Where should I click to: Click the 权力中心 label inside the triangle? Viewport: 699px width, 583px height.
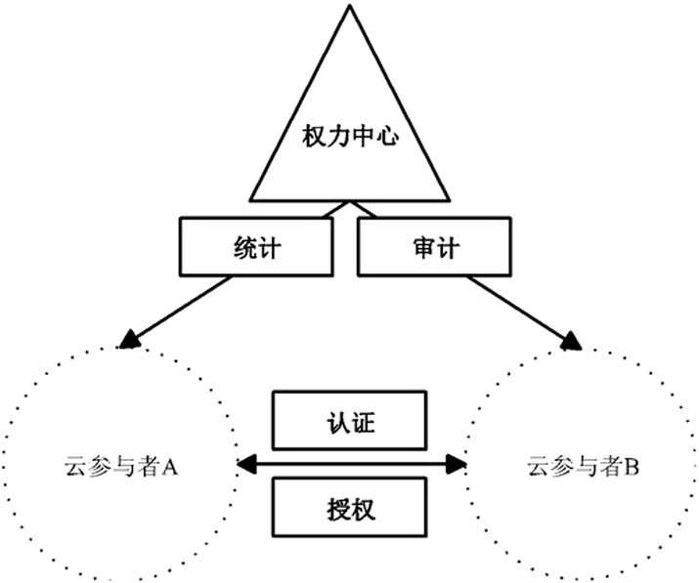point(350,136)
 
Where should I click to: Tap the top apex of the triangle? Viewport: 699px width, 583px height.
point(350,5)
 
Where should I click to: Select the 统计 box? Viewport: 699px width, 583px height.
point(256,247)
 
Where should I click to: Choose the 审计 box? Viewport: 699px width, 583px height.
point(434,247)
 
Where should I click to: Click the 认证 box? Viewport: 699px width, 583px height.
point(350,421)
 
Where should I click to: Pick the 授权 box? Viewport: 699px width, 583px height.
point(350,507)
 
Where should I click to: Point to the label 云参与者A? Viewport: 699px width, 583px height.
point(121,467)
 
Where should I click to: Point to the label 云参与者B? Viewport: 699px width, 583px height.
point(583,467)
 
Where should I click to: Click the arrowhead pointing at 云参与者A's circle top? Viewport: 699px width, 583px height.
point(129,340)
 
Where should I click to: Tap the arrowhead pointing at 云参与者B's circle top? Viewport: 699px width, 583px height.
point(572,341)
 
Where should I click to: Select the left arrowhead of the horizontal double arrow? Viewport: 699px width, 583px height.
point(246,464)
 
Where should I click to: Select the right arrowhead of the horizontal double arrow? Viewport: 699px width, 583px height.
point(456,464)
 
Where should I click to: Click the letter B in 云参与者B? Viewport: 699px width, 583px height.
point(632,468)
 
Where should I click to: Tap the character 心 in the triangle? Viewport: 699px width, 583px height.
point(387,136)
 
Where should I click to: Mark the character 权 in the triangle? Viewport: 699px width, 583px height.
point(314,136)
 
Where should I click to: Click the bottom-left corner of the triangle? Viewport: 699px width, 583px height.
point(250,200)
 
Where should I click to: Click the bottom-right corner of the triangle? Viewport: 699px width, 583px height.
point(450,200)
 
